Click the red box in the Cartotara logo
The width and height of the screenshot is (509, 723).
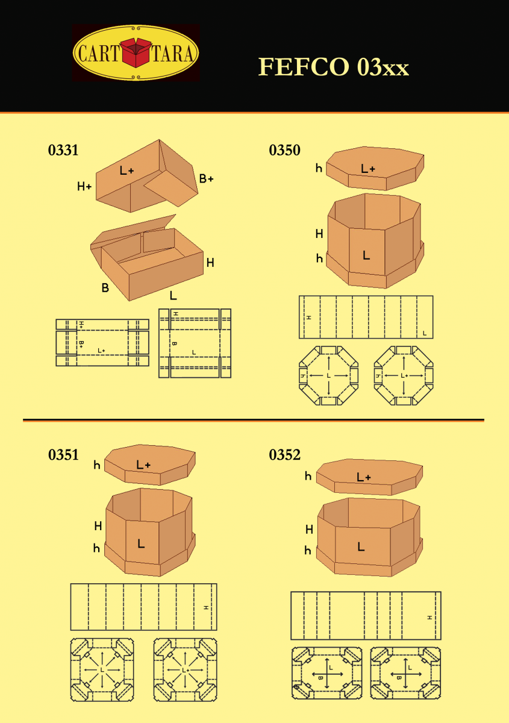[x=137, y=53]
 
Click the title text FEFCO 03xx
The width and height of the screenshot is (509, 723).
[x=334, y=67]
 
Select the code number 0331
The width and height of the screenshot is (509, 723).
[x=63, y=151]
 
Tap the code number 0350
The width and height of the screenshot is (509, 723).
[x=284, y=151]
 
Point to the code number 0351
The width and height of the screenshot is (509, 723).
[x=63, y=455]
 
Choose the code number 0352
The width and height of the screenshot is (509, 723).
[x=284, y=455]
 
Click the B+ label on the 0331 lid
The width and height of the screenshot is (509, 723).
[x=207, y=178]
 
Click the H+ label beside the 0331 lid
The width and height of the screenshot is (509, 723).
[x=84, y=187]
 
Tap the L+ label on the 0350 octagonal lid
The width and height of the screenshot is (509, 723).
[x=368, y=169]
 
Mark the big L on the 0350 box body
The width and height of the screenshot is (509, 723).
[x=366, y=255]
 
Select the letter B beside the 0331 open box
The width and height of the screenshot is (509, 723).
[x=105, y=288]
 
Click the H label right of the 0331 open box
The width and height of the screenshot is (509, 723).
[x=210, y=263]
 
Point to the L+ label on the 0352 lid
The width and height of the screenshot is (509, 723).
[x=364, y=477]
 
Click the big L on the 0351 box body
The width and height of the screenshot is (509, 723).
[x=141, y=543]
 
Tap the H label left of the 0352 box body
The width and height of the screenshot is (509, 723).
[x=309, y=530]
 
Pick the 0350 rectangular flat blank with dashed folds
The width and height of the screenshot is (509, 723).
[x=366, y=317]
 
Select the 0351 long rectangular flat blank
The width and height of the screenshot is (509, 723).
[x=143, y=607]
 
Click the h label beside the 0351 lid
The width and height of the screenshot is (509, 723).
[x=96, y=465]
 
